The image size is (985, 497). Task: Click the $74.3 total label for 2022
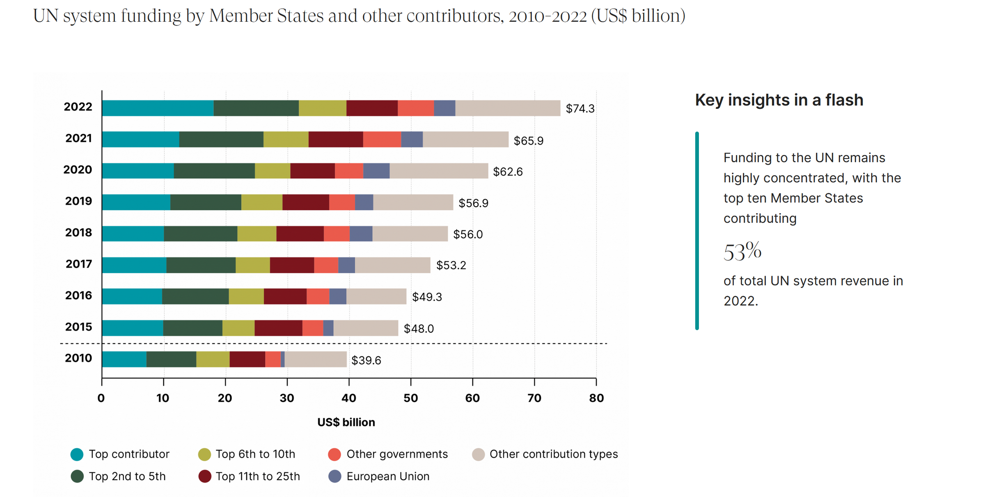click(580, 108)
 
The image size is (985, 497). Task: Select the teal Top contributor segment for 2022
click(158, 108)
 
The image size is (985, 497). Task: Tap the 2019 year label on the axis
click(78, 201)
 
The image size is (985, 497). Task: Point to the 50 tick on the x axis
click(410, 398)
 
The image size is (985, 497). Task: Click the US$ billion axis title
click(346, 422)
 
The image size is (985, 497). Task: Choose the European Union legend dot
click(335, 476)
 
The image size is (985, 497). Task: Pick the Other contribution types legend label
click(553, 454)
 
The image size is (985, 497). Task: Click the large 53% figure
click(742, 251)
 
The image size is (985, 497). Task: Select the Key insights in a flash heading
click(779, 100)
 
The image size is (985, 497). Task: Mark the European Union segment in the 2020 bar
click(376, 171)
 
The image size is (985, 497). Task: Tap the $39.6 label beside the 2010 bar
click(366, 360)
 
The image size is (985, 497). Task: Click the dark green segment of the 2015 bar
click(192, 328)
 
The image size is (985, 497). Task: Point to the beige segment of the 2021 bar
click(465, 139)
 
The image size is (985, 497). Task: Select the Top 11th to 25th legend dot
click(204, 476)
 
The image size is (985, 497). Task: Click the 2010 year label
click(78, 358)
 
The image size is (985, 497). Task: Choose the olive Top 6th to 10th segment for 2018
click(257, 234)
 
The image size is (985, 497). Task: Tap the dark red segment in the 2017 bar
click(292, 265)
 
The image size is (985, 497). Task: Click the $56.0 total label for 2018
click(467, 234)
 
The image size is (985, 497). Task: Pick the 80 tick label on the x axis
click(596, 398)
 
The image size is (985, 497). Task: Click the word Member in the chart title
click(241, 16)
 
